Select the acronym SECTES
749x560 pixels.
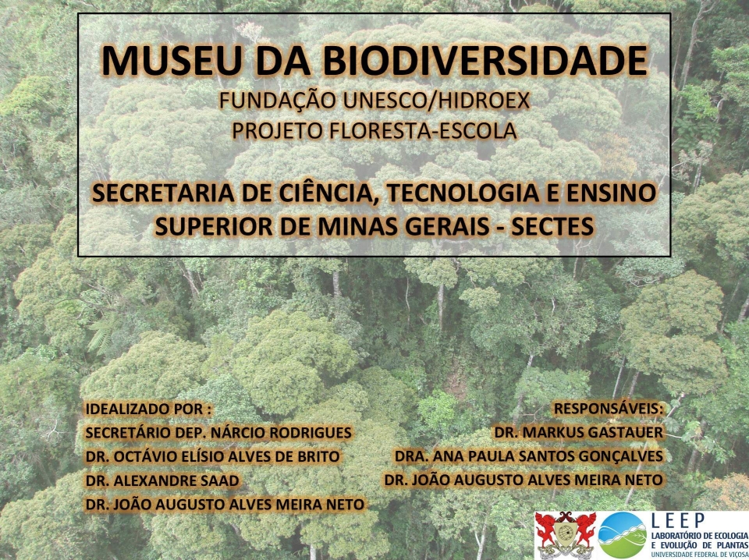click(552, 226)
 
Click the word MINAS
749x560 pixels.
click(350, 226)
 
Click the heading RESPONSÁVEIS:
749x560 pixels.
click(609, 409)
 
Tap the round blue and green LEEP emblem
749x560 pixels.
click(623, 535)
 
